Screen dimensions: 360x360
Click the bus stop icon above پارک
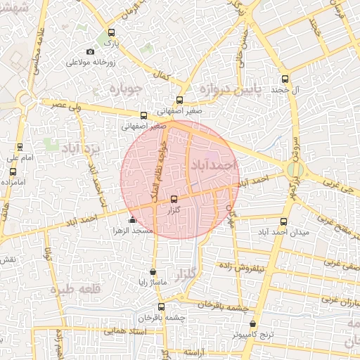(111, 32)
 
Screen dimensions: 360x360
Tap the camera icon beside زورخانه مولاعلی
(89, 51)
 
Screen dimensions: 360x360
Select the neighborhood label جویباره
(124, 89)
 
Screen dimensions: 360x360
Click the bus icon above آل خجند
(284, 79)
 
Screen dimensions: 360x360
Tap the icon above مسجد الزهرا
(132, 221)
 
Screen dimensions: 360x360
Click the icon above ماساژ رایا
(153, 271)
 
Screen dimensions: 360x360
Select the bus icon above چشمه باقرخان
(161, 307)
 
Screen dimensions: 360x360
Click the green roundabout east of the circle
(295, 171)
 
